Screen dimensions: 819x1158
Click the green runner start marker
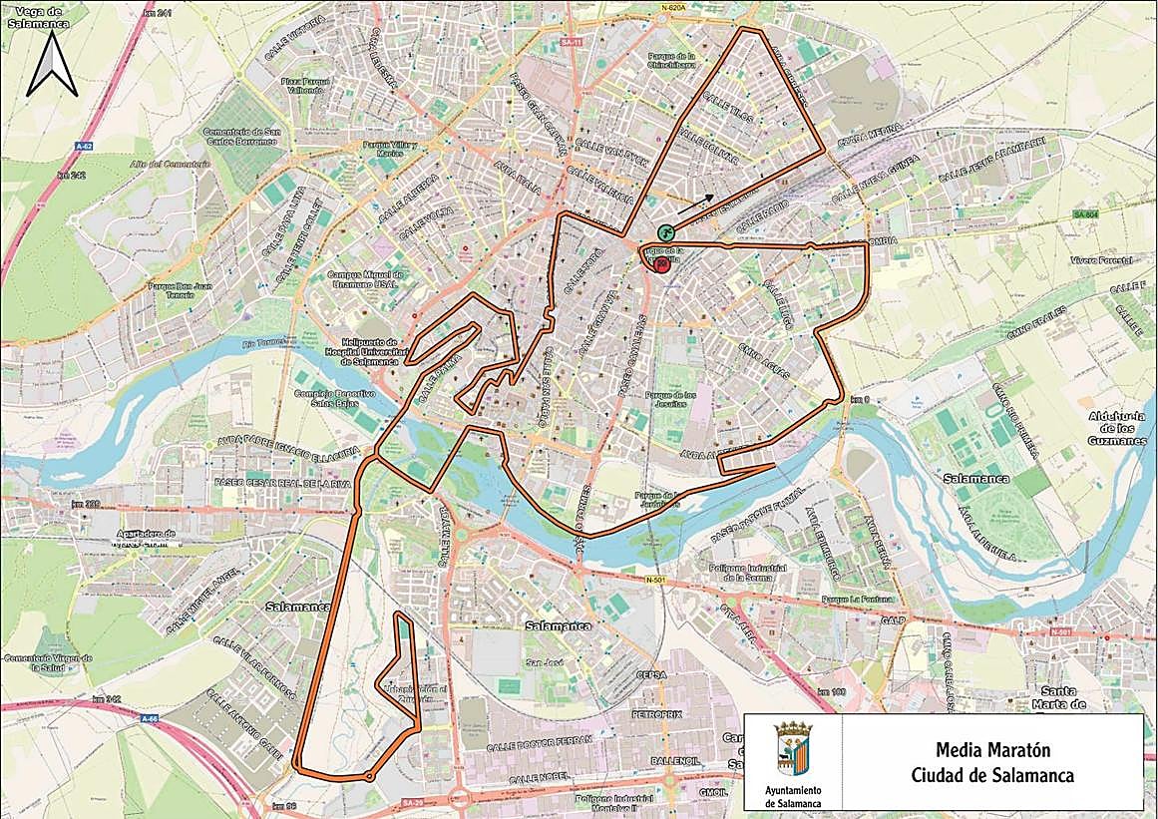click(665, 229)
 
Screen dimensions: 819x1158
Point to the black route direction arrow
click(696, 205)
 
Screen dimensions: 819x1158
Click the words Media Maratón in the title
click(992, 749)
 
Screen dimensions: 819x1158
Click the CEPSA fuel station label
click(650, 675)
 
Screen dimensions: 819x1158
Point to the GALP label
click(892, 619)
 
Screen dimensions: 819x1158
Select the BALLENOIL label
click(673, 760)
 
